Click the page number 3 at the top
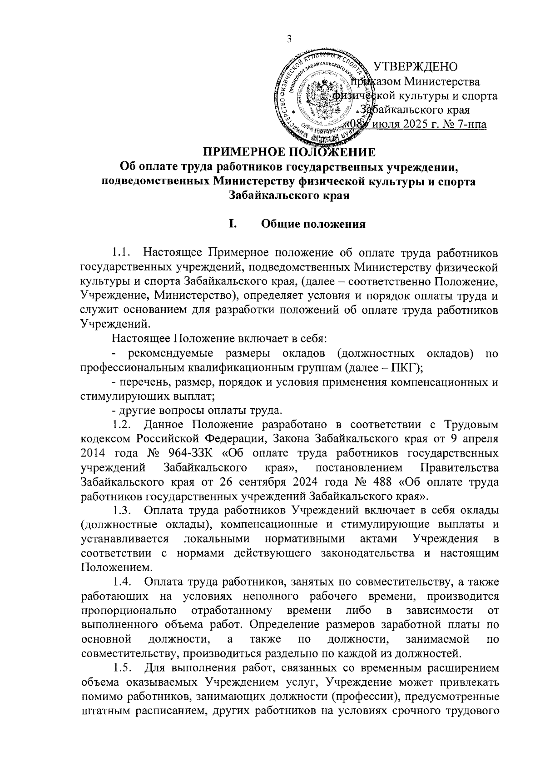[288, 39]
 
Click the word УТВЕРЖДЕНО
[415, 66]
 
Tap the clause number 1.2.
[122, 425]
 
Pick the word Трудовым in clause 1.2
[471, 425]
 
